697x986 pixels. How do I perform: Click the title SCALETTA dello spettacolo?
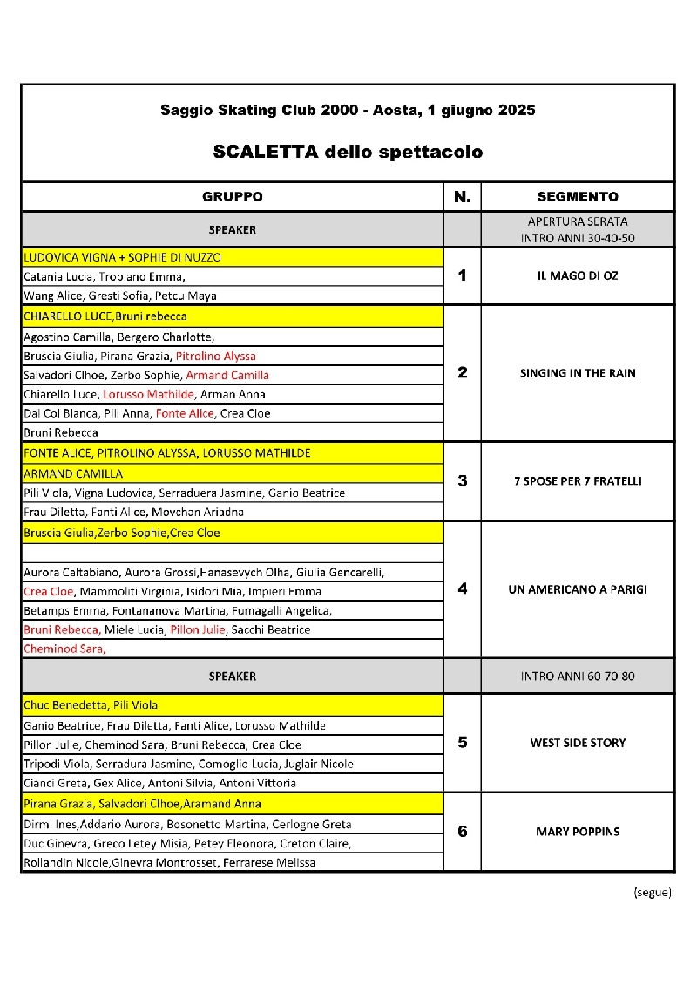[348, 152]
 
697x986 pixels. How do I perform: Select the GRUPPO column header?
[233, 197]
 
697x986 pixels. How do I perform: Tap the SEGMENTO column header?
[578, 197]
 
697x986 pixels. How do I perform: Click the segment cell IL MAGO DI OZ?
[578, 275]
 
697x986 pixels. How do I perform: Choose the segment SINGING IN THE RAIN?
[578, 373]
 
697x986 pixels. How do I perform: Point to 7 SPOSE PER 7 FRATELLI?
[578, 481]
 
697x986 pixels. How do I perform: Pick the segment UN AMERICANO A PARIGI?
[578, 589]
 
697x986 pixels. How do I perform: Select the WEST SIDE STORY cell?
[578, 743]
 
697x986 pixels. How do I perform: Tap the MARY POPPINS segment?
[578, 832]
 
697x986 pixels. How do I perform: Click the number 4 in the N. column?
[462, 589]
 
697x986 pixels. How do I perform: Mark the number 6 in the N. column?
[462, 832]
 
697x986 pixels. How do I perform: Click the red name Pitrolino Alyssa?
[215, 356]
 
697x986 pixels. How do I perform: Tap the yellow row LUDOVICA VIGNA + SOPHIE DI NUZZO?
[123, 257]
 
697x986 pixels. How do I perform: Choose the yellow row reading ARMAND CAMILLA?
[73, 473]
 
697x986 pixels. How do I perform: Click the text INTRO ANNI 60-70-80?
[578, 676]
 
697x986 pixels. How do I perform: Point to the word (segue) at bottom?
[652, 892]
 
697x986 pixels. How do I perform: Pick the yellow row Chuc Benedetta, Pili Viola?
[91, 705]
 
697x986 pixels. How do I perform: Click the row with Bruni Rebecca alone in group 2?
[61, 432]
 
